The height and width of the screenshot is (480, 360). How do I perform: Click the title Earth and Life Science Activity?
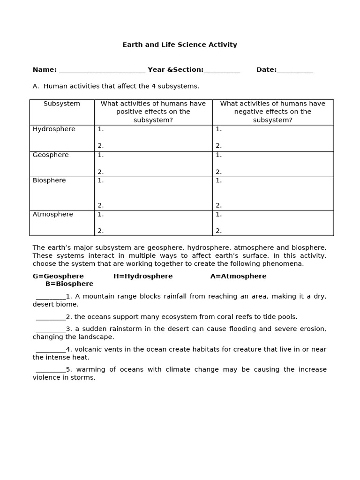click(180, 45)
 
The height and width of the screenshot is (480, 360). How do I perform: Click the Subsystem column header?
click(62, 104)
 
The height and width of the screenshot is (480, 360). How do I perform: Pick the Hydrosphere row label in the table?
click(54, 129)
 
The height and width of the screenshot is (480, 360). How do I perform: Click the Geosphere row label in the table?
click(51, 155)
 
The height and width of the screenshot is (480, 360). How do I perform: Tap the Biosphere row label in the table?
click(49, 180)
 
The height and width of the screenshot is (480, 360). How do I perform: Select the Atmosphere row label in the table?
click(53, 215)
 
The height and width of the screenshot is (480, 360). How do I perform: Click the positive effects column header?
click(153, 112)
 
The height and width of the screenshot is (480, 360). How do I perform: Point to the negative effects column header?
click(273, 112)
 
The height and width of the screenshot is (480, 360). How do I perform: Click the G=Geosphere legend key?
click(58, 277)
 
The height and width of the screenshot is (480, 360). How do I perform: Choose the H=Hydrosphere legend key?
click(143, 277)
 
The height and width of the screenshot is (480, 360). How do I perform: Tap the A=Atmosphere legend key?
click(238, 277)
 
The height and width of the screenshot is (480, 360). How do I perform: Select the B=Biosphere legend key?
click(69, 284)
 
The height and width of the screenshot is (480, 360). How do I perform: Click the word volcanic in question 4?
click(88, 350)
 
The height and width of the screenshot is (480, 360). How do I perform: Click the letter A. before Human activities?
click(36, 86)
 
